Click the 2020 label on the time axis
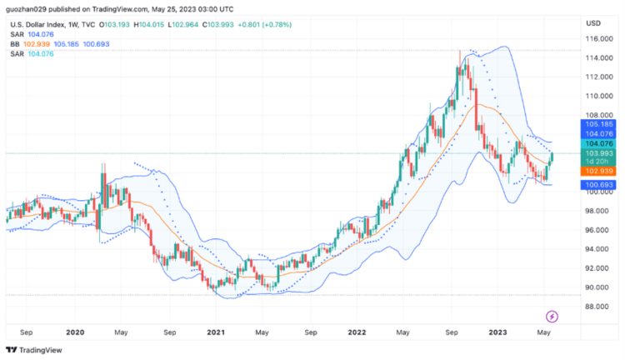75,331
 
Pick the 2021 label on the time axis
216,331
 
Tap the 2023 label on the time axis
498,331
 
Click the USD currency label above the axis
593,22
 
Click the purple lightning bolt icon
552,316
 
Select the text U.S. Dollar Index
38,24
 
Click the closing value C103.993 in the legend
247,24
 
